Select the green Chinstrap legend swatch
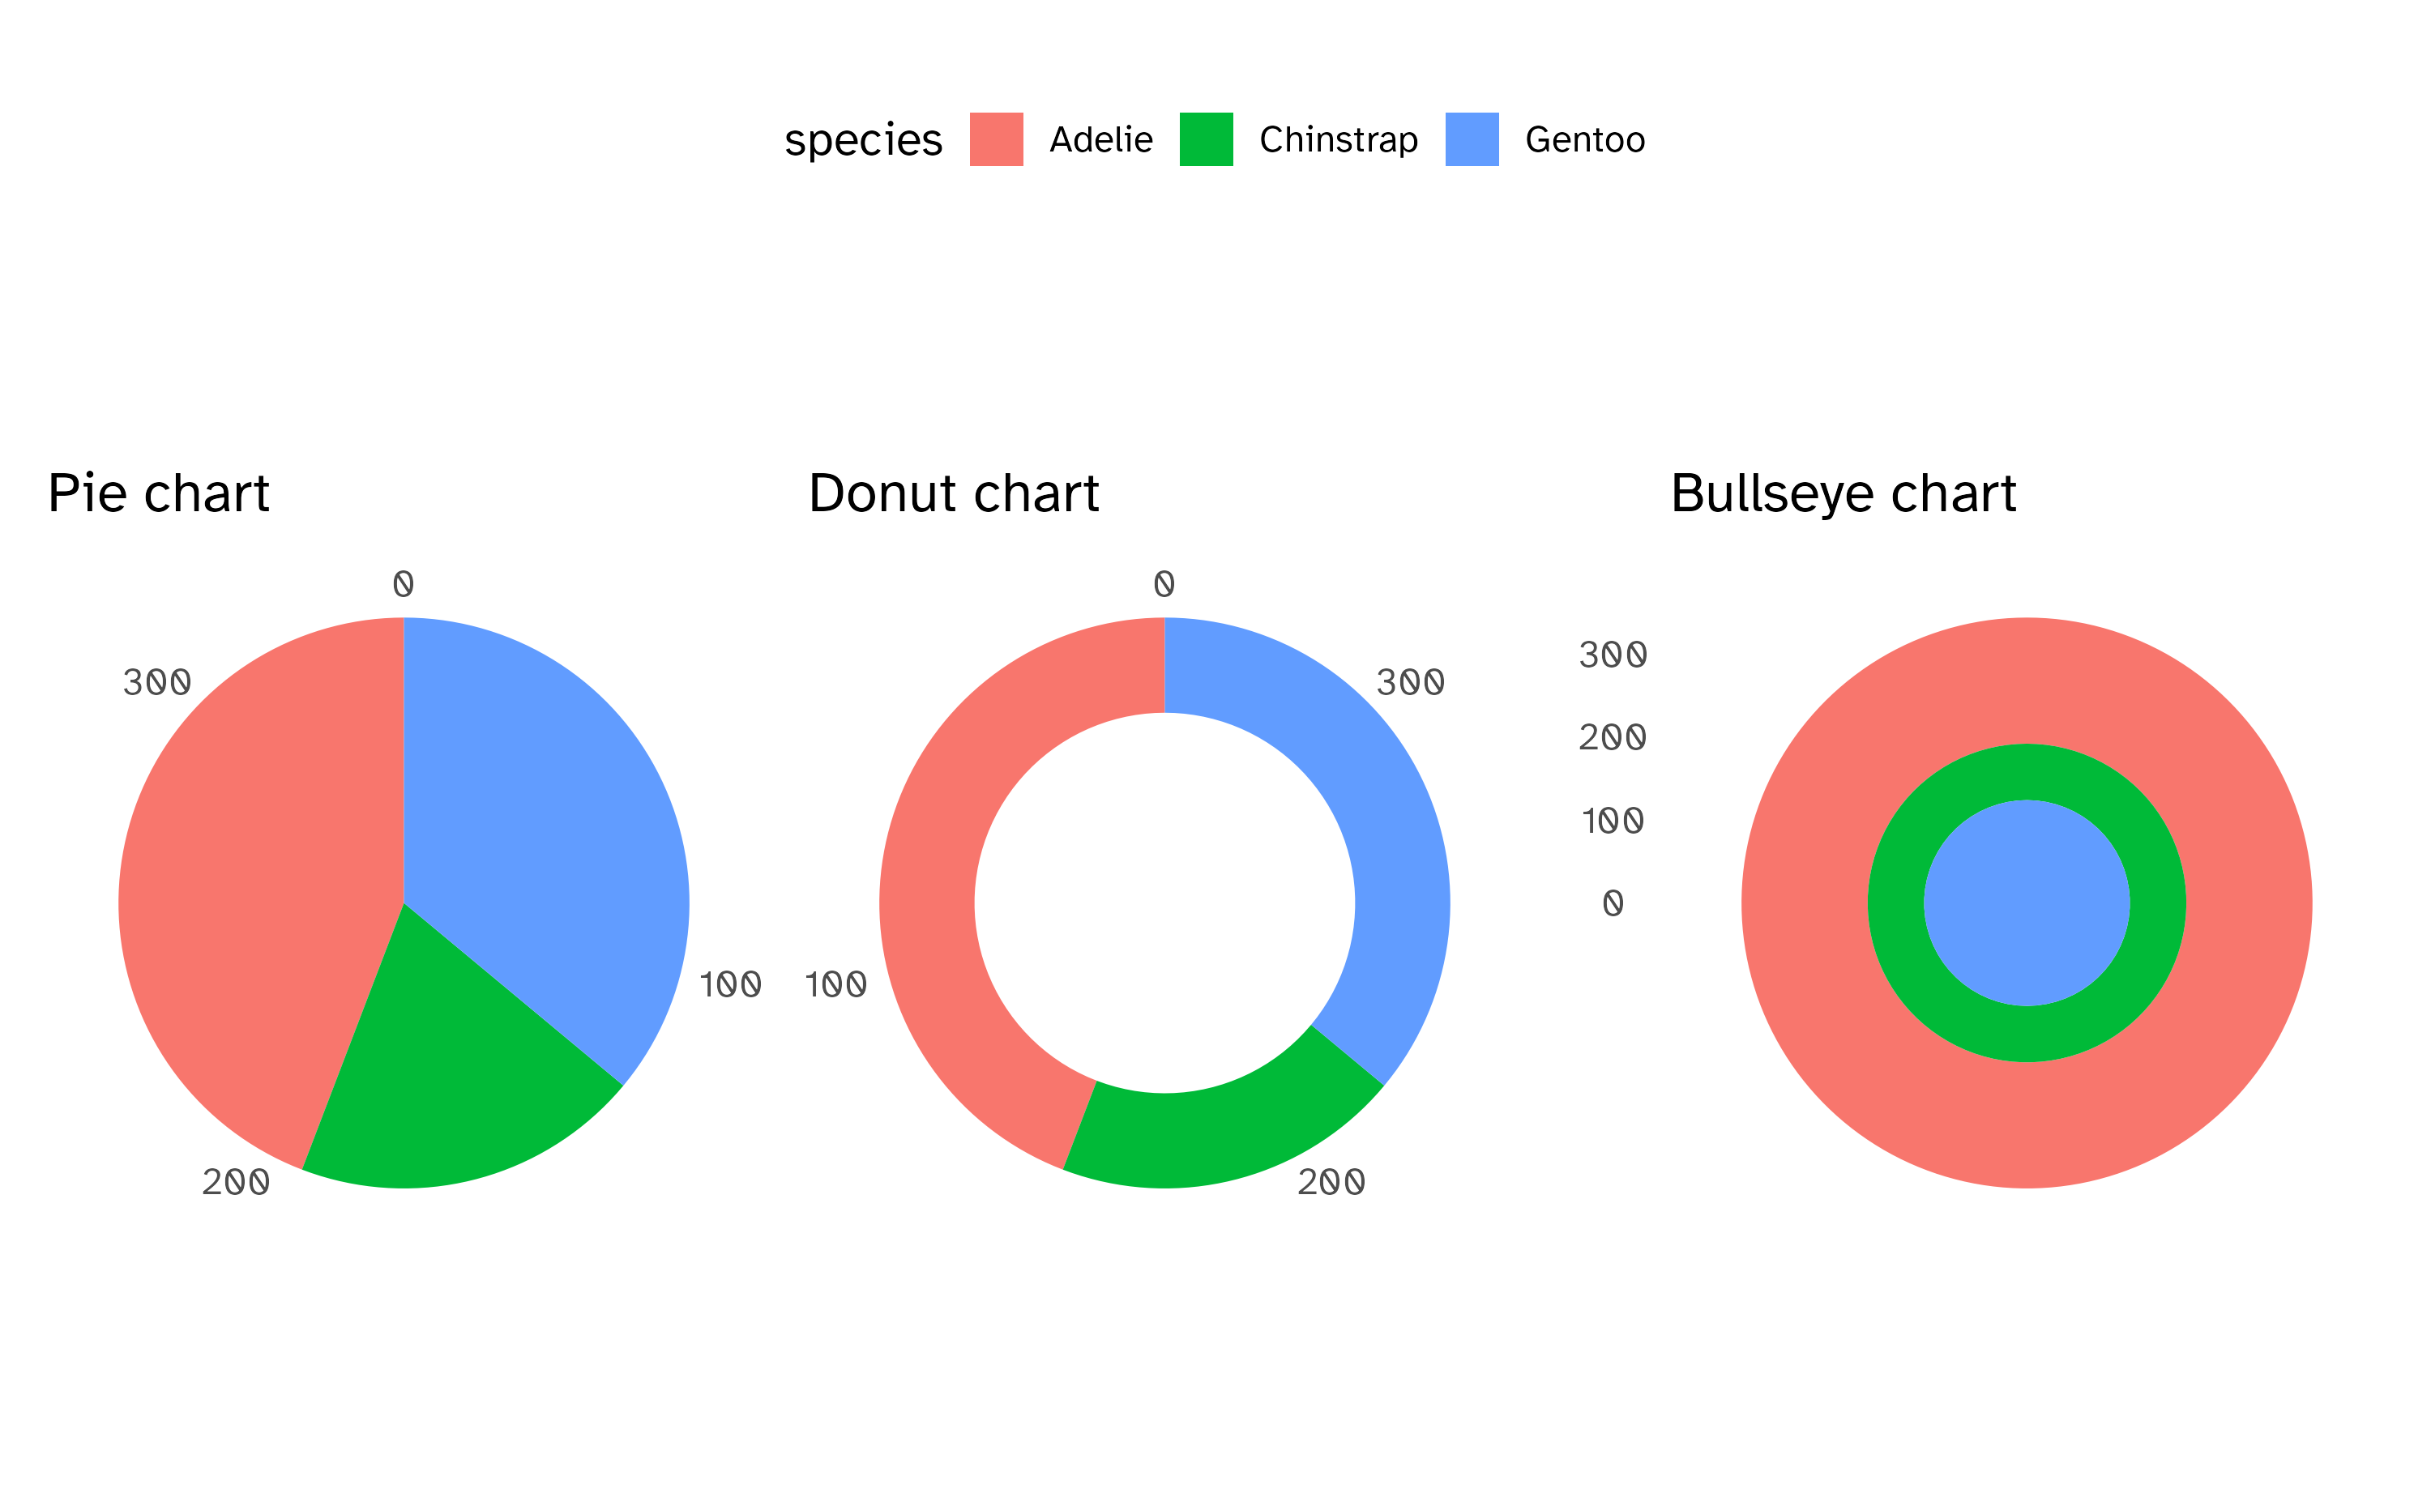click(x=1205, y=139)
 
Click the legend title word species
click(x=862, y=140)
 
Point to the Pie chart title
click(x=159, y=493)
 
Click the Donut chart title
click(x=953, y=493)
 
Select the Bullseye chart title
click(x=1843, y=493)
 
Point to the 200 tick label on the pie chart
click(x=236, y=1182)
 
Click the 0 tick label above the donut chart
click(x=1164, y=583)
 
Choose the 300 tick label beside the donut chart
click(x=1410, y=682)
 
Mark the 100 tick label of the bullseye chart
click(x=1612, y=821)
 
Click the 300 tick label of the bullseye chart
click(x=1612, y=655)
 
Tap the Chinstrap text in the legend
click(x=1337, y=140)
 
